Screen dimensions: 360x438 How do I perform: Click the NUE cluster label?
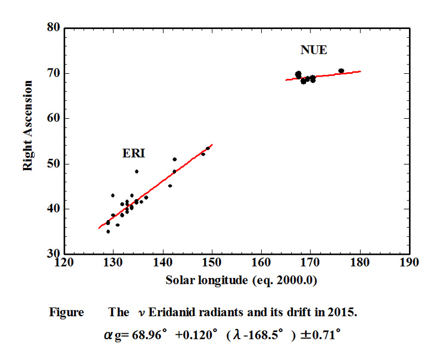[x=314, y=50]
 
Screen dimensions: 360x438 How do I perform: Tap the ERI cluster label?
[x=133, y=154]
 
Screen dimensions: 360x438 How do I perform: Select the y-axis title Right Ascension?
[x=28, y=125]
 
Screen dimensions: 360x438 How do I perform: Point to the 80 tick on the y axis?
[x=53, y=28]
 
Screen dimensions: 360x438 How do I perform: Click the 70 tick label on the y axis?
[x=53, y=73]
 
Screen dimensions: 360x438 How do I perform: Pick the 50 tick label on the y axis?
[x=53, y=164]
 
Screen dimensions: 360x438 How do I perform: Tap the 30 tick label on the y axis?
[x=53, y=254]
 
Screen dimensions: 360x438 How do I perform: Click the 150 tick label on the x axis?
[x=212, y=263]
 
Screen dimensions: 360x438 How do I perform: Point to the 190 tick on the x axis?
[x=409, y=263]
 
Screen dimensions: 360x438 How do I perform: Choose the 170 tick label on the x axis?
[x=310, y=263]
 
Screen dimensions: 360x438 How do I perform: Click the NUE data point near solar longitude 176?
[x=341, y=71]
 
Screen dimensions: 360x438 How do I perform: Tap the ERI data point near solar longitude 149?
[x=208, y=148]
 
